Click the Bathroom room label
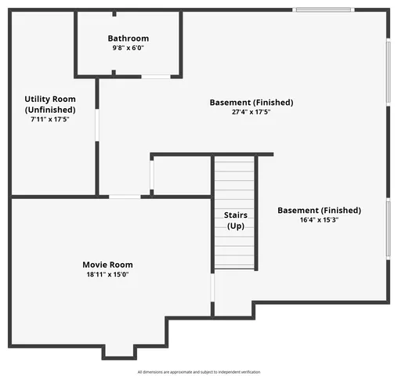pyautogui.click(x=128, y=38)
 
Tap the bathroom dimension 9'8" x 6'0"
pyautogui.click(x=128, y=48)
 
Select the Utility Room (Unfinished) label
pyautogui.click(x=51, y=104)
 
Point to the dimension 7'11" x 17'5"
pyautogui.click(x=51, y=120)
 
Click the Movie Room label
pyautogui.click(x=108, y=265)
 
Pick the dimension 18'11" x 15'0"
pyautogui.click(x=108, y=275)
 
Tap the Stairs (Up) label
pyautogui.click(x=236, y=219)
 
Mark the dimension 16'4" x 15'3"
pyautogui.click(x=319, y=220)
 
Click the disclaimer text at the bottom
pyautogui.click(x=199, y=371)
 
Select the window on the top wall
pyautogui.click(x=323, y=9)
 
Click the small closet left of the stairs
pyautogui.click(x=181, y=175)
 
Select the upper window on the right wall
pyautogui.click(x=389, y=71)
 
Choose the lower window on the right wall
pyautogui.click(x=389, y=228)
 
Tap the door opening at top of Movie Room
pyautogui.click(x=125, y=196)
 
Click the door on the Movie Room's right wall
pyautogui.click(x=212, y=287)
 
